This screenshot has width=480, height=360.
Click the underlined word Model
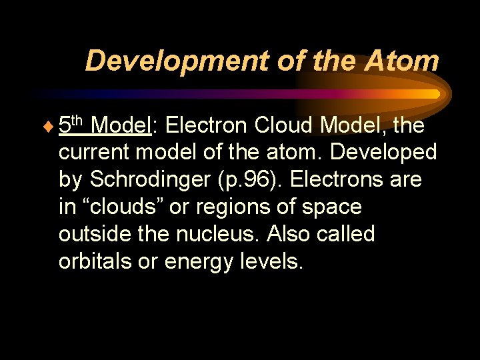(122, 125)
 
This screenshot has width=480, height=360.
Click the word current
(96, 152)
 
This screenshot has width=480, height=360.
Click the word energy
(195, 262)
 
